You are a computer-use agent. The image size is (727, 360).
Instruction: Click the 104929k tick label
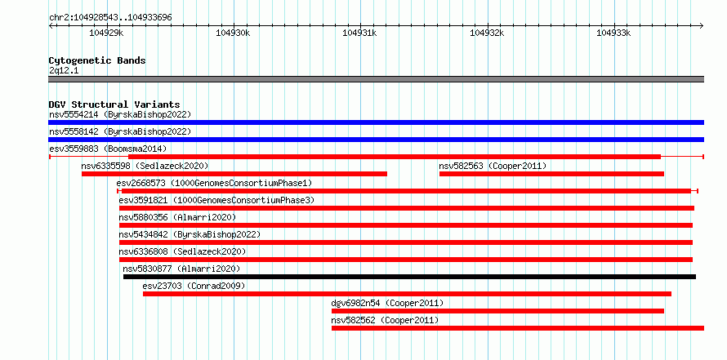point(107,33)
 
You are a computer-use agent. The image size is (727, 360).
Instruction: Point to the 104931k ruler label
point(359,33)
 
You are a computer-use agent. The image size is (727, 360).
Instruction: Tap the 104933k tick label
point(613,33)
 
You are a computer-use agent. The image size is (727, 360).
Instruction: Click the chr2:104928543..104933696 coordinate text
point(111,17)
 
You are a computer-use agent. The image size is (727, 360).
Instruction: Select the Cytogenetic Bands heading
point(97,60)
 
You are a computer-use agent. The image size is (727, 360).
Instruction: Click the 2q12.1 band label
point(63,70)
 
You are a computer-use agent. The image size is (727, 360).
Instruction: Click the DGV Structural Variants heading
point(114,104)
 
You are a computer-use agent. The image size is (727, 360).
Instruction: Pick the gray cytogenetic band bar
point(376,79)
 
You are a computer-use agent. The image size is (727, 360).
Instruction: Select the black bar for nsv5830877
point(409,277)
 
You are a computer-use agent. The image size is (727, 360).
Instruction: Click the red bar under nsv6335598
point(234,174)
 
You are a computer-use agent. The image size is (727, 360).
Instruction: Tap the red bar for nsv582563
point(551,174)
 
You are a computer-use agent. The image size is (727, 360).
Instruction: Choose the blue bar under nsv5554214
point(376,122)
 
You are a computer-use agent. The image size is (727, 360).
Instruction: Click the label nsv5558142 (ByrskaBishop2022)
point(120,131)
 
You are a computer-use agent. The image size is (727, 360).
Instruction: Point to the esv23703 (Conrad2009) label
point(194,286)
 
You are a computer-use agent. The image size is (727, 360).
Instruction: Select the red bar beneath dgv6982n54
point(497,311)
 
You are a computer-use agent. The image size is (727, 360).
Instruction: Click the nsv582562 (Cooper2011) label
point(385,320)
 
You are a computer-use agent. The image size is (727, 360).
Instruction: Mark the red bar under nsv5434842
point(406,242)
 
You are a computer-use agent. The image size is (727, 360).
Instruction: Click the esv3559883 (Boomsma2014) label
point(108,149)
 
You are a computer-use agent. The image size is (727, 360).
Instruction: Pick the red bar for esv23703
point(407,294)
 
